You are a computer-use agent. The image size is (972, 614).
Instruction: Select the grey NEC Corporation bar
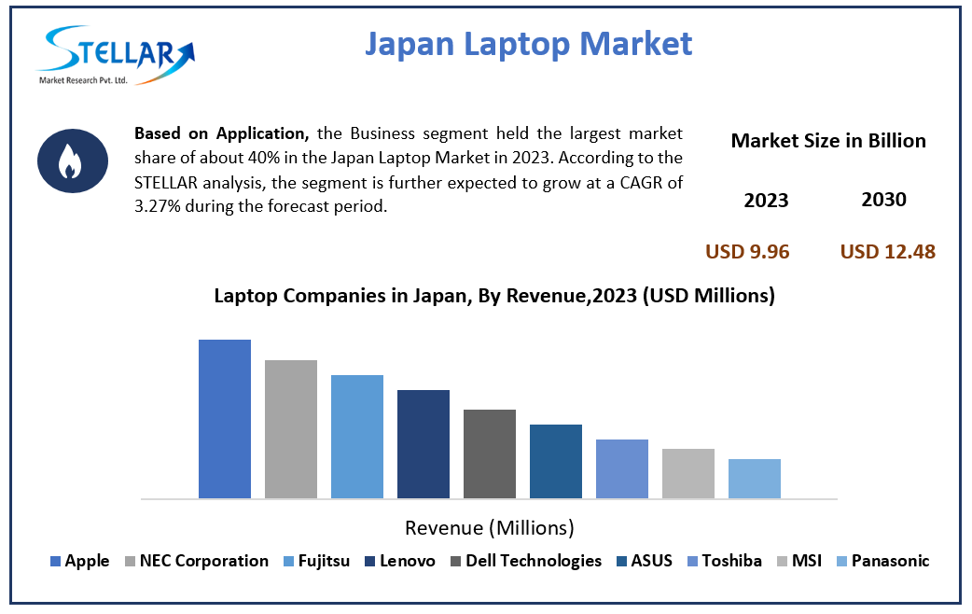[x=291, y=428]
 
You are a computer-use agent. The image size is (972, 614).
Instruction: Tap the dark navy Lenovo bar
[x=424, y=443]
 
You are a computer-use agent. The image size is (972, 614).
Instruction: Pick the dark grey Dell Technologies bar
[x=490, y=454]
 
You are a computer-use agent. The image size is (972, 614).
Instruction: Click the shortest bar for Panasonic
[x=755, y=478]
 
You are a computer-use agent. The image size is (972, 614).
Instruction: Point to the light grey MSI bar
[x=688, y=473]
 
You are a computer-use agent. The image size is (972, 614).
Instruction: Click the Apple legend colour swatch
[x=55, y=562]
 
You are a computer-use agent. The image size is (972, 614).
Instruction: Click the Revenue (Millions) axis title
[x=489, y=527]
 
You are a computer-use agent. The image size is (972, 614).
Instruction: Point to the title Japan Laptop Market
[x=528, y=43]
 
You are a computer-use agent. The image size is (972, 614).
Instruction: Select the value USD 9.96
[x=747, y=251]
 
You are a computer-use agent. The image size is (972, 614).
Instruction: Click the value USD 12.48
[x=887, y=251]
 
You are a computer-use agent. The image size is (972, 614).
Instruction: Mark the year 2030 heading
[x=884, y=200]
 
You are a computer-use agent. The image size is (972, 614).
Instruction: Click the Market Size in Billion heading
[x=828, y=141]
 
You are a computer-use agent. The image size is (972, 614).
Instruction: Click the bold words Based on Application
[x=220, y=133]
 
